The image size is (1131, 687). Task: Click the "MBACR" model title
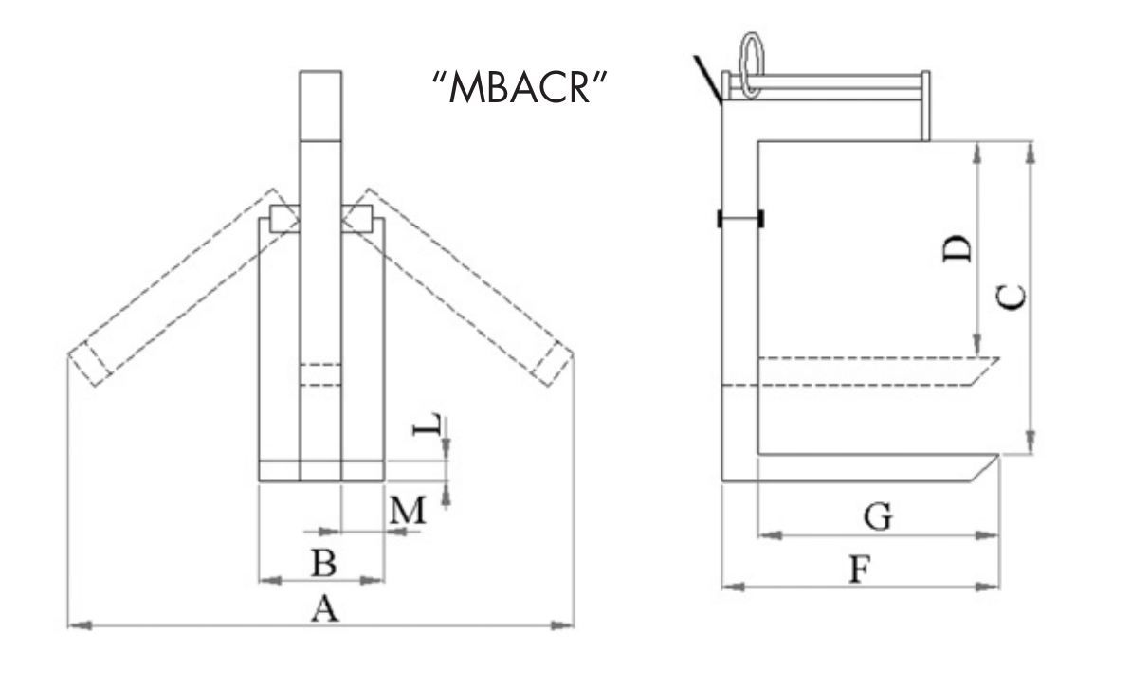click(519, 88)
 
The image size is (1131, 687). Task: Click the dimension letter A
click(324, 611)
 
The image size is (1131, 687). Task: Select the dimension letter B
click(324, 564)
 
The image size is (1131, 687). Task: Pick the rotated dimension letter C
click(1012, 298)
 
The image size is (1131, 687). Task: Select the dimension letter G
click(878, 517)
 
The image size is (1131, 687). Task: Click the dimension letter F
click(858, 570)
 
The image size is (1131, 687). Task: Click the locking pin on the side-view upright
click(740, 219)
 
